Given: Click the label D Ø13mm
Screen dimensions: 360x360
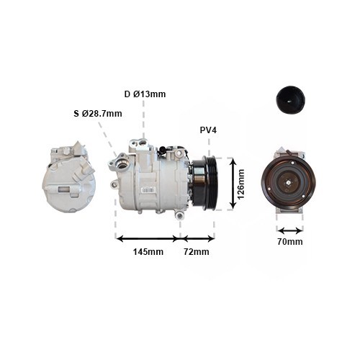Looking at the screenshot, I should coord(145,94).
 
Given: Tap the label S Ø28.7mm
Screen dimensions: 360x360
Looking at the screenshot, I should coord(98,113).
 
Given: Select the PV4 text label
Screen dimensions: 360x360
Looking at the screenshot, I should coord(208,131).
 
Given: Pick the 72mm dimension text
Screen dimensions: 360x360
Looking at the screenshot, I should coord(196,252).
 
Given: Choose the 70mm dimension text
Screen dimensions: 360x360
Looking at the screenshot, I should coord(289,242).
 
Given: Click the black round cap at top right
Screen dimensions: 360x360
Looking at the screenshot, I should coord(289,99).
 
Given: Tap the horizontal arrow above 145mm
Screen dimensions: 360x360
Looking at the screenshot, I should coord(148,238).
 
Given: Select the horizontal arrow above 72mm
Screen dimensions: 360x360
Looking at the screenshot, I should coord(197,238).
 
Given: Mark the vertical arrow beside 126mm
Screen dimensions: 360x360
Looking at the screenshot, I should coord(232,184).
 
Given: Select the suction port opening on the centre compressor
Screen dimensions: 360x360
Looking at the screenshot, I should coord(120,166).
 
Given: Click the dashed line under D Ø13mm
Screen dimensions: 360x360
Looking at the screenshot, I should coord(144,119).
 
